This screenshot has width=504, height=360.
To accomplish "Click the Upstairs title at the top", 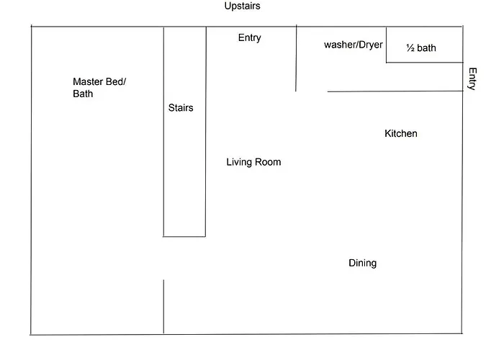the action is (243, 6).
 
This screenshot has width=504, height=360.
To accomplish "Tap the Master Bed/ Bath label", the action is (99, 87).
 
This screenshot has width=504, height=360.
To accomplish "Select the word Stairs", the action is (181, 108).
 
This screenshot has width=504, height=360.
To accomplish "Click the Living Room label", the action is (253, 162).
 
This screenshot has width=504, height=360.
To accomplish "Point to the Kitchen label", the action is (401, 133).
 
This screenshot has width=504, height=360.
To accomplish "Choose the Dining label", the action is (363, 264).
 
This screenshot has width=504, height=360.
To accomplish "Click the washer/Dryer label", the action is (354, 45).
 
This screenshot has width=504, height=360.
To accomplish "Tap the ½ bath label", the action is (421, 48).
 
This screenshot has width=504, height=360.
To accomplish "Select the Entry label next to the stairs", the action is (249, 38).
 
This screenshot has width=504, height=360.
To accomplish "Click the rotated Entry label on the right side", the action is (472, 78).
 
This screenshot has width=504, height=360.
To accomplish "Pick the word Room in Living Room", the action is (267, 162).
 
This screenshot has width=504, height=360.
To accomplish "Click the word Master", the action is (88, 81).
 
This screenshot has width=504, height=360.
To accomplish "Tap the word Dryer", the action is (371, 45).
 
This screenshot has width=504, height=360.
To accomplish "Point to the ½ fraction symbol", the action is (410, 48).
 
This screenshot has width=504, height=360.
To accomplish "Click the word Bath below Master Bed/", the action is (83, 94).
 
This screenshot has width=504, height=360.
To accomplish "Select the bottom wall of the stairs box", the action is (184, 237).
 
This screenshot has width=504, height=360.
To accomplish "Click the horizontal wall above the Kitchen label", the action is (395, 91).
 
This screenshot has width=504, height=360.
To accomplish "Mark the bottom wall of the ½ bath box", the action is (425, 63).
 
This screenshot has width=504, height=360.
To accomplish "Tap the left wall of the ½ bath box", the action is (387, 45).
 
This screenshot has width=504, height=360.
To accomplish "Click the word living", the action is (239, 162).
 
